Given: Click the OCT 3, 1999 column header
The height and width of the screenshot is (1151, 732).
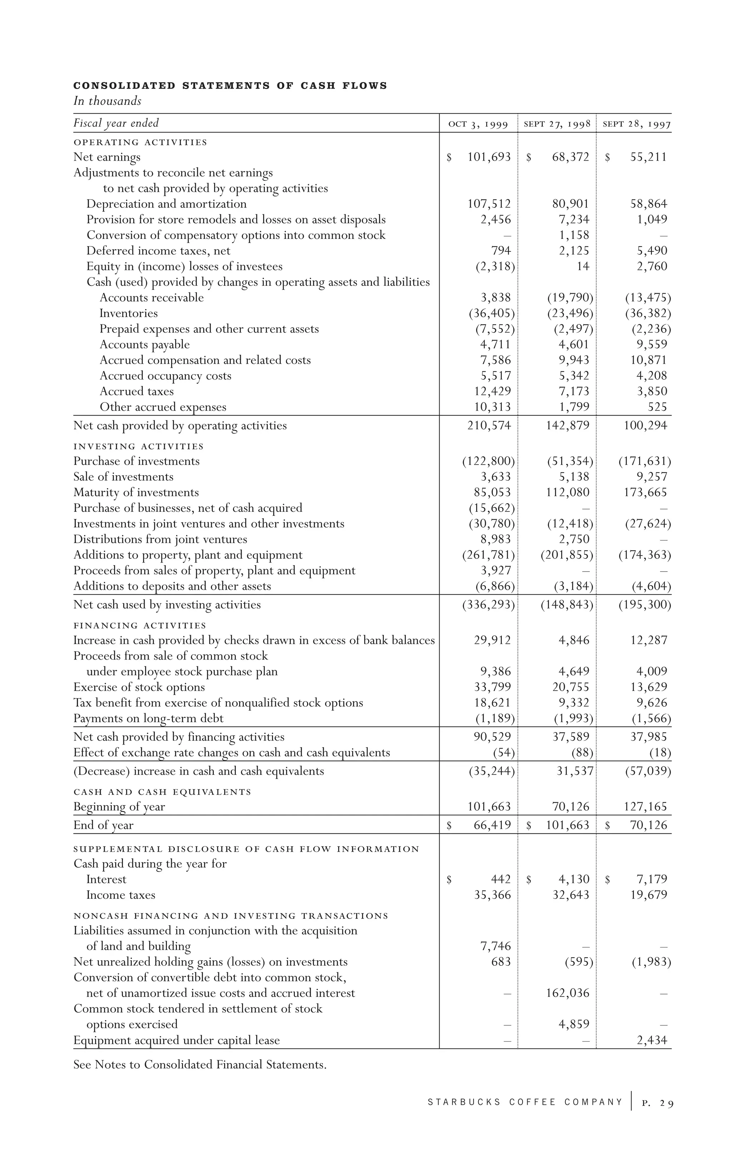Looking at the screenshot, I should tap(478, 125).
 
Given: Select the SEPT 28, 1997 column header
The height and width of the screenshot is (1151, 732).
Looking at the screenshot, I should tap(637, 125).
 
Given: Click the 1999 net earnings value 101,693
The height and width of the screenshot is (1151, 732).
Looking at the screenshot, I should tap(489, 157).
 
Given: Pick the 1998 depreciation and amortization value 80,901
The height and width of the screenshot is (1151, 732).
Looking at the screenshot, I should tap(570, 204).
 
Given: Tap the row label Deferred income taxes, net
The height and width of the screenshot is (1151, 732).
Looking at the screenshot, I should tap(158, 251).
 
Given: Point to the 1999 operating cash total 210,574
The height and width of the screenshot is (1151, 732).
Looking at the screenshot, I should tap(489, 425).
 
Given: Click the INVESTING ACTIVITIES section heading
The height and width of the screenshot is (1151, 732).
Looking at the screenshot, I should tap(139, 446).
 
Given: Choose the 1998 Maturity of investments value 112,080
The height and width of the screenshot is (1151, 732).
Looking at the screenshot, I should tap(568, 492).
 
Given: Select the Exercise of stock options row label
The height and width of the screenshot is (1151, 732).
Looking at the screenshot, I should tap(139, 687).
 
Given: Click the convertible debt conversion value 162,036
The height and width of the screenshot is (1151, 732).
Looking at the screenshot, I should tap(568, 993).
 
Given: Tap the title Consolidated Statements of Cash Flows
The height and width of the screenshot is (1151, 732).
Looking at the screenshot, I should tap(230, 86).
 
